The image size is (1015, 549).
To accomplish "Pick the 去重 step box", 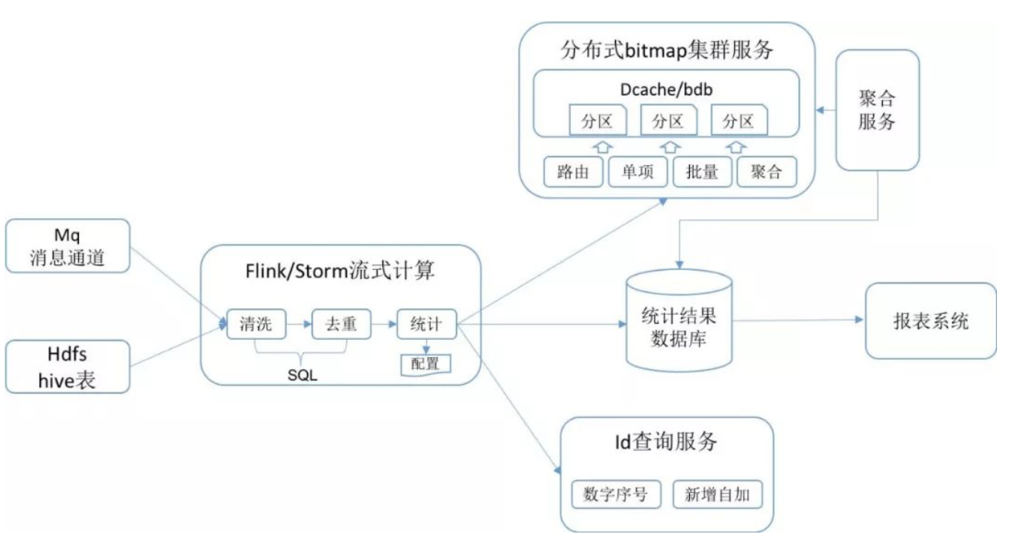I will tap(342, 324).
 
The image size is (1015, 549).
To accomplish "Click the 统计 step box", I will tap(426, 324).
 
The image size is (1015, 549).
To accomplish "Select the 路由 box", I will tap(573, 172).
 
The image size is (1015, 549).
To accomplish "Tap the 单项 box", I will tap(637, 172).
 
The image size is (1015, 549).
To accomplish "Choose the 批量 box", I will tap(702, 172).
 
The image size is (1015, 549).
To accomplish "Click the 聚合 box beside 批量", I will tap(766, 172).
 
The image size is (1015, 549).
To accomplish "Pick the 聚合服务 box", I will tap(877, 110).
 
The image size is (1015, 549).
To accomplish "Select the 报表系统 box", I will tap(930, 321).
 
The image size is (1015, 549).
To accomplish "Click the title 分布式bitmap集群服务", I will tap(667, 50).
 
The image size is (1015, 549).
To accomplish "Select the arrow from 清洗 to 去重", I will tap(299, 324).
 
